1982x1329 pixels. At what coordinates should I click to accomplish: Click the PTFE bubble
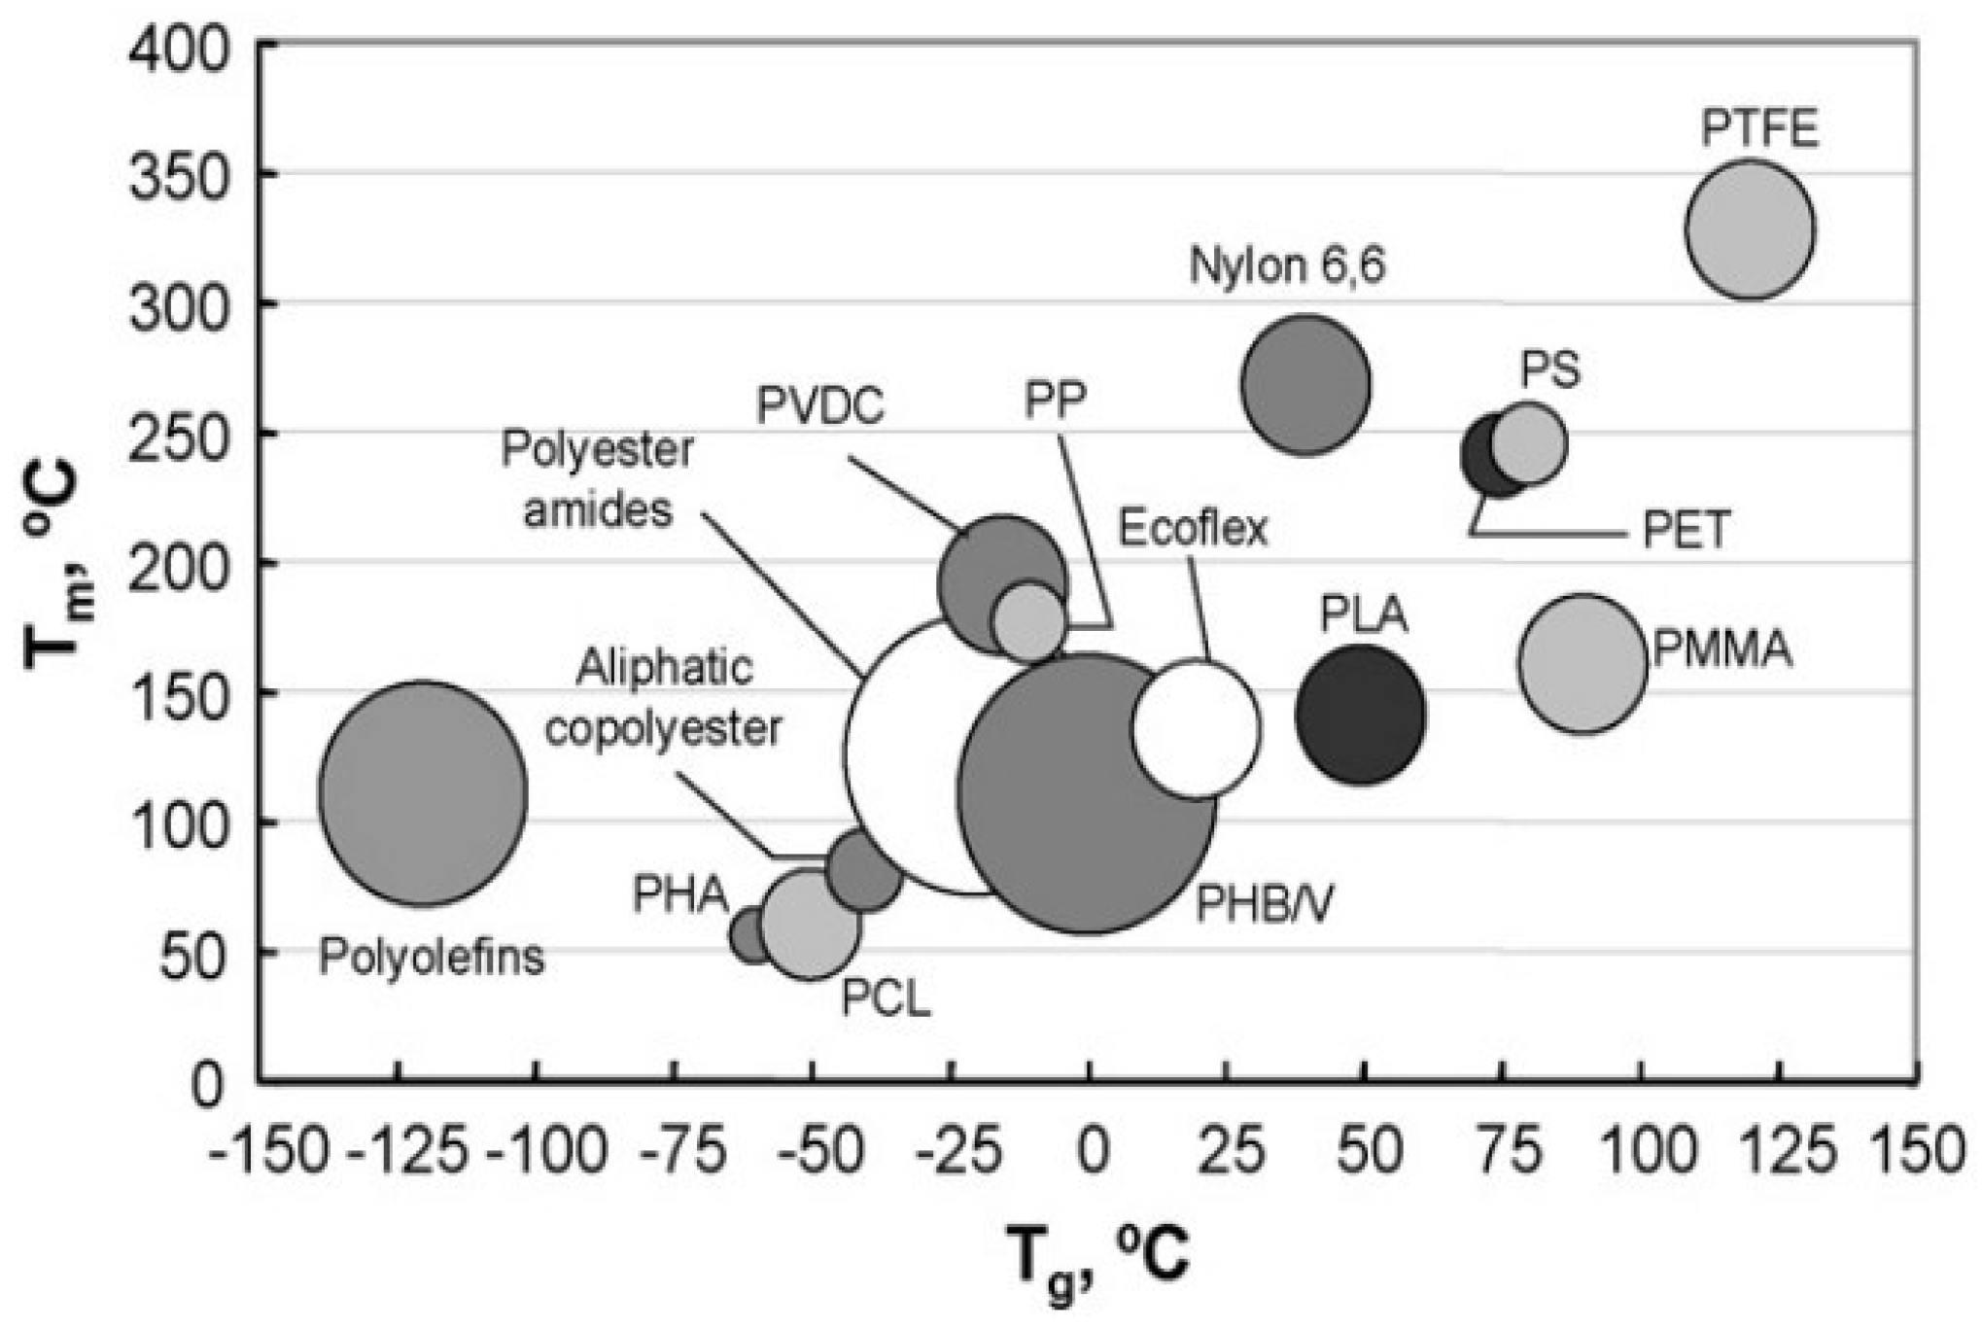1750,229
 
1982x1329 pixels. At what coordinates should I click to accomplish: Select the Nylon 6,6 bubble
1306,385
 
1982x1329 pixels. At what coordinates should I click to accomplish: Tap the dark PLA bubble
1361,716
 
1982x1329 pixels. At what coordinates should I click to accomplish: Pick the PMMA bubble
1582,663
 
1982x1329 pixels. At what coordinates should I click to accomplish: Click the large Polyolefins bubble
424,793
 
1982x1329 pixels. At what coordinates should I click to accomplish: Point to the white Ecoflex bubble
1198,729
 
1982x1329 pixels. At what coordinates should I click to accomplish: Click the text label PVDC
820,406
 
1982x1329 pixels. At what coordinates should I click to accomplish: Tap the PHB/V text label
1264,904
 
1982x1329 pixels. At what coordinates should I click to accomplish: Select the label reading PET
1686,531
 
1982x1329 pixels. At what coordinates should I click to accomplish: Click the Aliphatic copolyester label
664,698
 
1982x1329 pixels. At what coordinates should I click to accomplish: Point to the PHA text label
680,894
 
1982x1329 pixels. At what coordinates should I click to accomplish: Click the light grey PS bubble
1528,443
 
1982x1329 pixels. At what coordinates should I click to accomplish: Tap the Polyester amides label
597,478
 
